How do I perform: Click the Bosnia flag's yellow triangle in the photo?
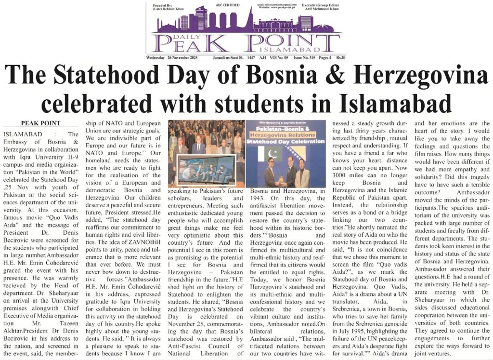point(306,159)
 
